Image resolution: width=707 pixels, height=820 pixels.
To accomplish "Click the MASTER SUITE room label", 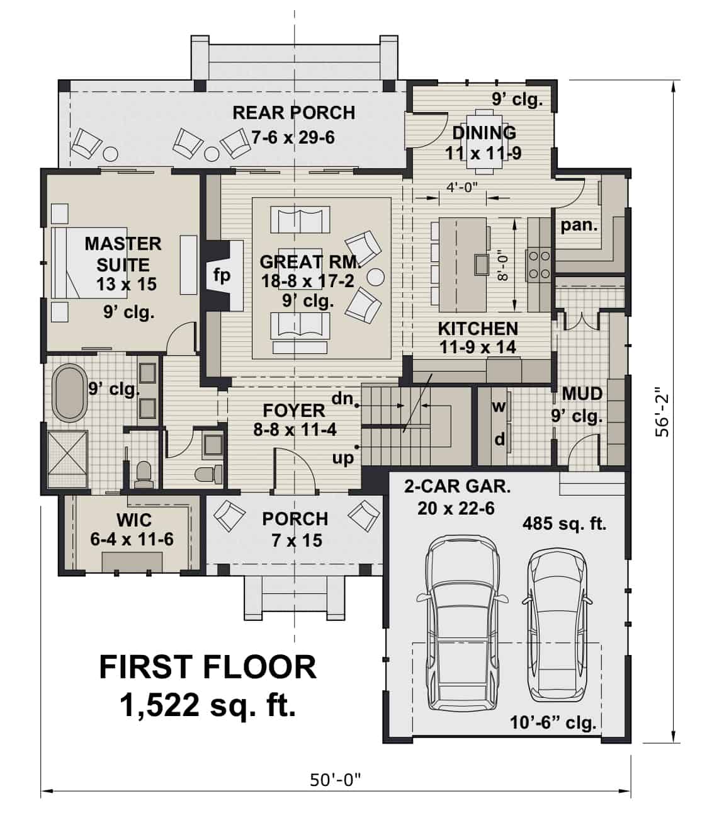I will pos(123,254).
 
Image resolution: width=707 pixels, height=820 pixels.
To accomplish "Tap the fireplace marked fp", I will pos(222,275).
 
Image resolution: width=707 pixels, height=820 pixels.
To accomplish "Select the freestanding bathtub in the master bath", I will pos(70,392).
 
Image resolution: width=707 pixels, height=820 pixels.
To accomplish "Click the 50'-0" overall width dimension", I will pos(336,780).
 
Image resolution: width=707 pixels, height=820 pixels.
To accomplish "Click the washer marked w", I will pos(499,406).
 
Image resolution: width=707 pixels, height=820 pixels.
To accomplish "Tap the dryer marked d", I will pos(499,439).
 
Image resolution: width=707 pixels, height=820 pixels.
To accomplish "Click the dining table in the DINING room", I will pos(484,140).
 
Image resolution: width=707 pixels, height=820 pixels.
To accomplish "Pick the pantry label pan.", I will pos(579,225).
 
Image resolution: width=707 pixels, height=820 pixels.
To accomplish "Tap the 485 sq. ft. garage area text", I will pos(564,523).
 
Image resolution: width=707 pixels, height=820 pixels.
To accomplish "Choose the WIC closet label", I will pos(134,520).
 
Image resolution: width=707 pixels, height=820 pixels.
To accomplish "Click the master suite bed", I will pos(69,263).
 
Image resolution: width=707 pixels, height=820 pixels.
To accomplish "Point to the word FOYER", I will pos(294,411).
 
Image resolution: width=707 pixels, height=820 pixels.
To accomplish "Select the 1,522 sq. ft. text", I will pos(207,705).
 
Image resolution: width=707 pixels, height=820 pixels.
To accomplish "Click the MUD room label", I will pos(582,394).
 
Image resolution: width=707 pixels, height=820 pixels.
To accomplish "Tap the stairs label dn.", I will pos(343,398).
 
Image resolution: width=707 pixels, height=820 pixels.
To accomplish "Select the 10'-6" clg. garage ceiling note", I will pos(553,722).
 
